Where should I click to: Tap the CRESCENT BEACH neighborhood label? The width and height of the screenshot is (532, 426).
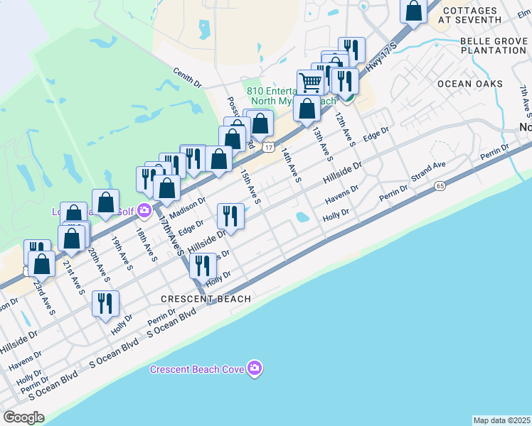click(x=206, y=299)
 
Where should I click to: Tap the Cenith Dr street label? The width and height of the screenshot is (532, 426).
click(x=188, y=77)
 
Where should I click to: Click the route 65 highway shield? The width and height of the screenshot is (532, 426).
click(x=441, y=185)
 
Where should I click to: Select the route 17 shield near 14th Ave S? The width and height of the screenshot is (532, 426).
click(x=267, y=146)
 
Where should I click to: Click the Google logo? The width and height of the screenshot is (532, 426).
click(x=23, y=417)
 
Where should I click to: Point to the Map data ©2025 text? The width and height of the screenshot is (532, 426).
click(x=501, y=420)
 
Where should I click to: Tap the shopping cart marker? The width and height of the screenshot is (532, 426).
click(x=310, y=82)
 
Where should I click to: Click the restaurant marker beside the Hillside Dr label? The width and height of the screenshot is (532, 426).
click(x=230, y=215)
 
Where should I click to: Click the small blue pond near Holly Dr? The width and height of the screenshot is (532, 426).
click(x=302, y=216)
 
